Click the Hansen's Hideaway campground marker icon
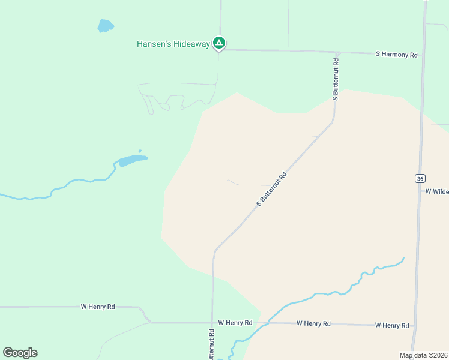tap(220, 43)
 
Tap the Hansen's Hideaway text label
tap(173, 44)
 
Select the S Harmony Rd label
tap(396, 55)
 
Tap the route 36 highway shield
tap(420, 178)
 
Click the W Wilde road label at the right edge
tap(437, 191)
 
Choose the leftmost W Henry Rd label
tap(98, 307)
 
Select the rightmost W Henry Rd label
tap(392, 325)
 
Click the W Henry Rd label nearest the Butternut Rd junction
tap(235, 323)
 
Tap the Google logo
tap(20, 353)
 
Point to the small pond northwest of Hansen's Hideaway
tap(106, 26)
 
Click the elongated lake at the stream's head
tap(133, 160)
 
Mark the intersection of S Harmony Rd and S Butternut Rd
tap(337, 53)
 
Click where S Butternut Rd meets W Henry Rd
tap(212, 323)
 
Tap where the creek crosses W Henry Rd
tap(268, 323)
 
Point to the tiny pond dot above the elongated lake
tap(140, 151)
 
